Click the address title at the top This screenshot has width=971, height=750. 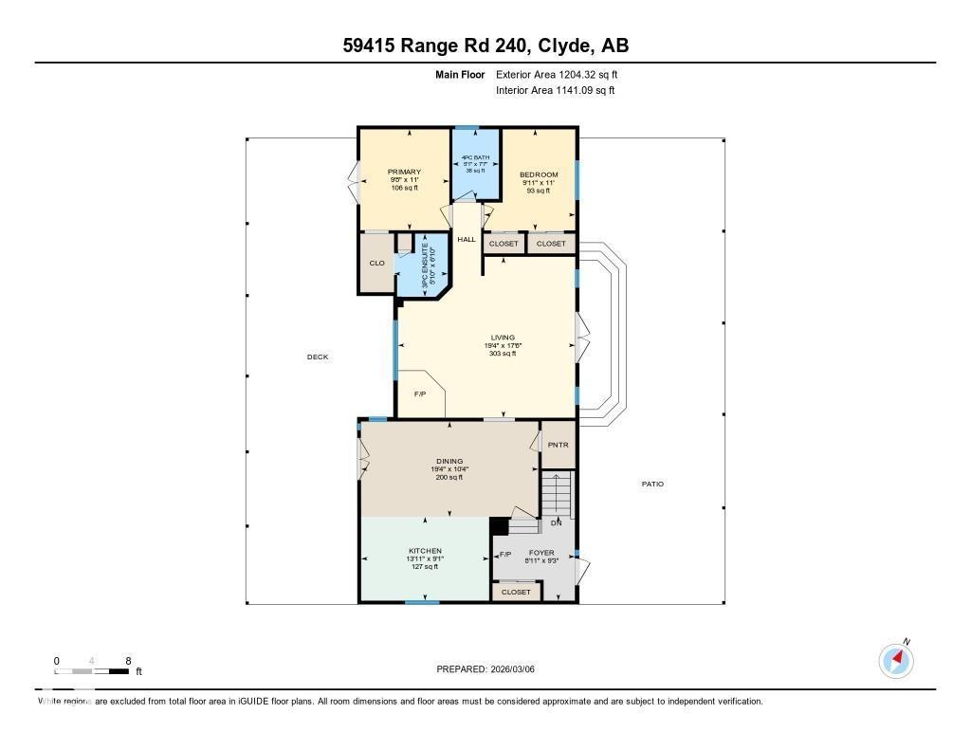coord(485,46)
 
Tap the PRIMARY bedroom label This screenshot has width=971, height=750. coord(404,173)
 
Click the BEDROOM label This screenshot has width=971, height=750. coord(539,175)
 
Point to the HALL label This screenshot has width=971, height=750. coord(467,240)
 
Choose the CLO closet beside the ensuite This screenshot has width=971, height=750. coord(377,263)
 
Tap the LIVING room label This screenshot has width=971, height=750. coord(502,338)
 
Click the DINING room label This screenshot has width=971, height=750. coord(449,462)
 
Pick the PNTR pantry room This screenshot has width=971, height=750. coord(558,445)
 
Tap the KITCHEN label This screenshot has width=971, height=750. coord(425,551)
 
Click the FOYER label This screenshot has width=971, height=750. coord(541,553)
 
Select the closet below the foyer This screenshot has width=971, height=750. coord(517,592)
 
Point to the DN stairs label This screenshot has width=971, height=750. coord(557,523)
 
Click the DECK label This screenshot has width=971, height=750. coord(318,357)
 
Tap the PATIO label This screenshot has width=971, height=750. coord(652,485)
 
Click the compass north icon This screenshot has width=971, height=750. coord(896,659)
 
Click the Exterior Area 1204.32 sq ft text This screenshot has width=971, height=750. coord(557,74)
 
